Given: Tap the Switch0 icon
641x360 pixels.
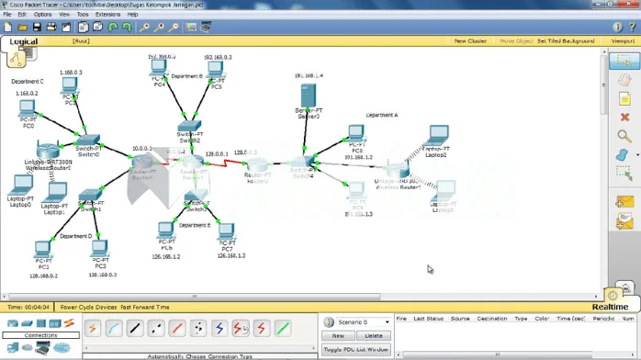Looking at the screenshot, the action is coord(88,139).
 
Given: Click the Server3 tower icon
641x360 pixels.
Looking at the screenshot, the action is coord(309,96).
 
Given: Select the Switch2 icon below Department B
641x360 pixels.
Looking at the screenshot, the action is coord(189,126).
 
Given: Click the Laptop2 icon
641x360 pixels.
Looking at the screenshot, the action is coord(437,136).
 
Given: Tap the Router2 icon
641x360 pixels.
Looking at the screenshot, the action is coord(258,164).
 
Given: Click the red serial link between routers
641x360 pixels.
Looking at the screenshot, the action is coord(224,161).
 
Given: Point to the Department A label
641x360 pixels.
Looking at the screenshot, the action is coord(381,115).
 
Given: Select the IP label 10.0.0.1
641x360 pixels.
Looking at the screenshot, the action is coord(141,147).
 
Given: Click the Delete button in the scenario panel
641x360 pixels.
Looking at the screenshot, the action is coord(374,336).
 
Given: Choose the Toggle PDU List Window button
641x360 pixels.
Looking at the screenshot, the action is coord(355,350).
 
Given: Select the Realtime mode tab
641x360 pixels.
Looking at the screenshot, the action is coord(609,307).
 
